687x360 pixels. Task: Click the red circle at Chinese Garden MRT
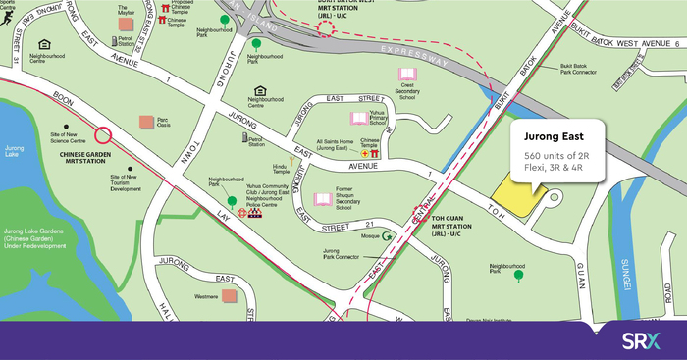[103, 137]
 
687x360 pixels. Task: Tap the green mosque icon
[389, 236]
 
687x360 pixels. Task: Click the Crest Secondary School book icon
[406, 75]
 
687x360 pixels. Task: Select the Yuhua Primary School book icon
[360, 118]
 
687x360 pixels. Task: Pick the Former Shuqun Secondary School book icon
[322, 199]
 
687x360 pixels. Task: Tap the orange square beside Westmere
[229, 295]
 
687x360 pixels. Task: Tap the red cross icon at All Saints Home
[364, 154]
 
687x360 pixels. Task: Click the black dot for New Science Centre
[66, 127]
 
